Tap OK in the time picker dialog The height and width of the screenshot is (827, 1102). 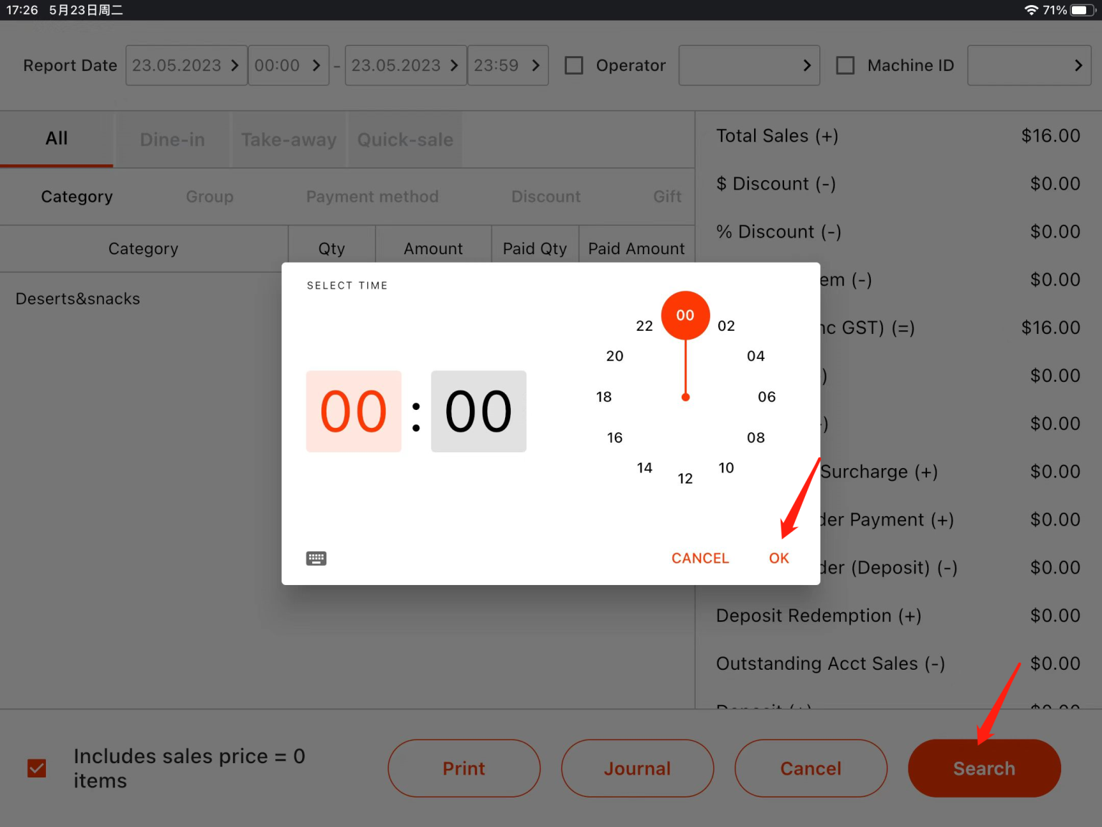(x=778, y=558)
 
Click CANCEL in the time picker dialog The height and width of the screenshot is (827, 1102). (x=700, y=558)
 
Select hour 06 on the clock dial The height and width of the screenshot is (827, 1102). (x=766, y=396)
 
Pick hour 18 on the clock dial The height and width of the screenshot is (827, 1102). (x=604, y=396)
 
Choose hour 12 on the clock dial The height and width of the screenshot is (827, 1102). (x=685, y=478)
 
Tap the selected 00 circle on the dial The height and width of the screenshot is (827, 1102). (x=685, y=315)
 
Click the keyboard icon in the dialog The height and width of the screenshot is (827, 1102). (x=316, y=558)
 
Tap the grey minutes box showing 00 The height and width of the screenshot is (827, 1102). (x=479, y=411)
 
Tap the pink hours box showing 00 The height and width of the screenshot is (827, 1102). (x=354, y=411)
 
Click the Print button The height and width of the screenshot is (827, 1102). (x=463, y=768)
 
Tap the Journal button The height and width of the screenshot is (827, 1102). (x=637, y=768)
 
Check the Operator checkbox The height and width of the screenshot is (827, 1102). (x=574, y=65)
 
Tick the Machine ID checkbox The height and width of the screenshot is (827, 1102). (x=845, y=65)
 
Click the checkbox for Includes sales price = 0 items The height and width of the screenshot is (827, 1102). (x=37, y=768)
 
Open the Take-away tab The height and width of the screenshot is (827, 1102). (x=288, y=139)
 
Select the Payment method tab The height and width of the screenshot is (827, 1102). (x=372, y=197)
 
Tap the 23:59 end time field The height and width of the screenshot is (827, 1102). (x=507, y=65)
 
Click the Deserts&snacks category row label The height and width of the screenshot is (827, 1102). (x=77, y=299)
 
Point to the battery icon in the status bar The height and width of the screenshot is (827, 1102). (x=1080, y=10)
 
